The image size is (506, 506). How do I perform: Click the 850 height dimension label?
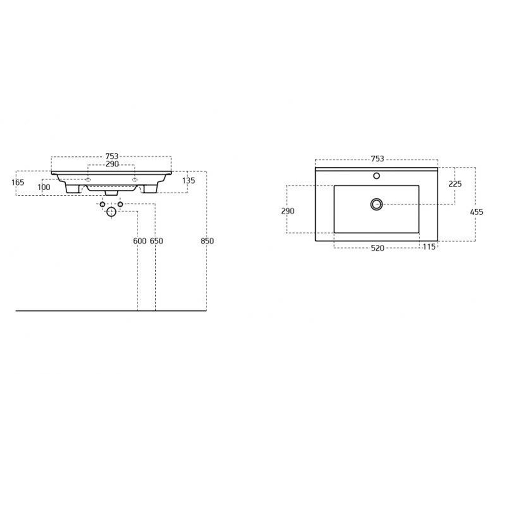click(207, 241)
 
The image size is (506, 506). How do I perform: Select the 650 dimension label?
click(156, 241)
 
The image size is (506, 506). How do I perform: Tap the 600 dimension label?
click(140, 241)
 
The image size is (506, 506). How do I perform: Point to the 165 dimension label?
click(18, 182)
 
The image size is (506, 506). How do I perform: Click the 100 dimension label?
click(44, 187)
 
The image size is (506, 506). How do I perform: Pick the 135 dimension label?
click(188, 181)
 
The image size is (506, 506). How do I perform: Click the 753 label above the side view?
click(112, 156)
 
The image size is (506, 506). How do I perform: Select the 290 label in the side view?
click(112, 164)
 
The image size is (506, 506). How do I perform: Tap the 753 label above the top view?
click(377, 159)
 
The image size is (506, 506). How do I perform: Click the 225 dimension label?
click(455, 184)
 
